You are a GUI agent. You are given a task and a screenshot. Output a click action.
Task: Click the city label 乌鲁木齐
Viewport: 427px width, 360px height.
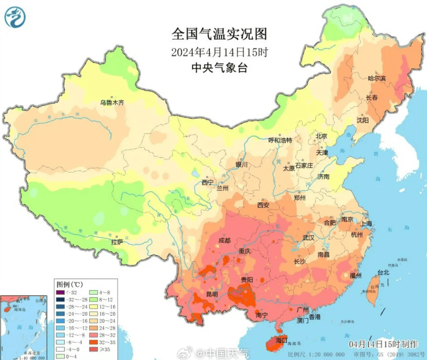[112, 103]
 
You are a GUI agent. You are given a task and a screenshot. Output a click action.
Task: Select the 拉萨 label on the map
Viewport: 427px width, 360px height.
[117, 242]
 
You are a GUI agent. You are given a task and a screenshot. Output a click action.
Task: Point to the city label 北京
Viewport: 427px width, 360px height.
[321, 136]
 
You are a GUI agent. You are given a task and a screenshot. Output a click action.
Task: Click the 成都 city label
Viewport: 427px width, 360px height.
[224, 240]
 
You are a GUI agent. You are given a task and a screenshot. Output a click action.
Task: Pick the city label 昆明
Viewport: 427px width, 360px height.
[212, 294]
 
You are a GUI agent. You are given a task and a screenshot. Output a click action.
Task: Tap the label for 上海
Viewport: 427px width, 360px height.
[366, 223]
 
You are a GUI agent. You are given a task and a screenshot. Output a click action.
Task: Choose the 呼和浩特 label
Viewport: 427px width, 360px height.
[280, 140]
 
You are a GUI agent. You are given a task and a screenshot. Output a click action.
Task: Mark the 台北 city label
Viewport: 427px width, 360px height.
[383, 273]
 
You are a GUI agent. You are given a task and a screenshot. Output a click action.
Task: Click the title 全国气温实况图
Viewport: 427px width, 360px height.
[219, 34]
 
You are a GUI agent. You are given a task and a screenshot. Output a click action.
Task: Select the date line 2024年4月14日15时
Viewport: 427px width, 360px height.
[219, 52]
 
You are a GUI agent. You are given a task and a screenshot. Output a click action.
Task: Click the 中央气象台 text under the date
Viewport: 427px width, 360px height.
[219, 68]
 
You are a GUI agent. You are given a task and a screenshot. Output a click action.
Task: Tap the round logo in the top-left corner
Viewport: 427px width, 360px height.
[15, 17]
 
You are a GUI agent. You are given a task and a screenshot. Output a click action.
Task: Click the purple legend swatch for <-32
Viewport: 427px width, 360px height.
[60, 292]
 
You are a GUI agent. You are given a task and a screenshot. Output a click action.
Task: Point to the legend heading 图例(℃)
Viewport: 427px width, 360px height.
[70, 284]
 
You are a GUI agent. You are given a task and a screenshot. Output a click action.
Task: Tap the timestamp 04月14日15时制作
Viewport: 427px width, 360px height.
[383, 344]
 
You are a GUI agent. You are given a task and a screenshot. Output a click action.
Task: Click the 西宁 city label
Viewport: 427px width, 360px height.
[208, 183]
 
